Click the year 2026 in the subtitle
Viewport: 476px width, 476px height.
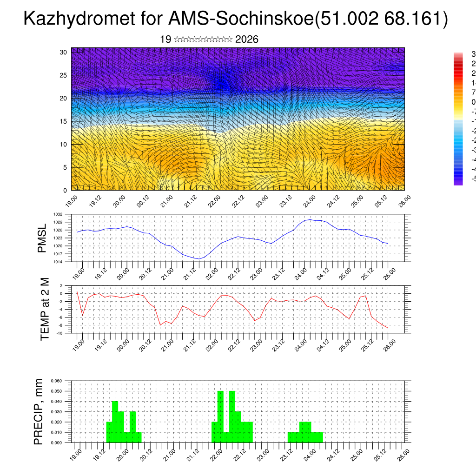247,40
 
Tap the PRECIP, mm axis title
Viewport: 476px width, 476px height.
39,412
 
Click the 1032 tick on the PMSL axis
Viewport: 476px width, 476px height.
58,214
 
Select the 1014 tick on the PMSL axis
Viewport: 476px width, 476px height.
58,262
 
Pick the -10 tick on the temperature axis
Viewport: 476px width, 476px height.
59,333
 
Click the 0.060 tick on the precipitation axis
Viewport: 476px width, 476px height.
56,381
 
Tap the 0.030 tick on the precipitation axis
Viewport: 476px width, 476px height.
56,412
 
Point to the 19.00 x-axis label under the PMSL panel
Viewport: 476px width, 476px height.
78,272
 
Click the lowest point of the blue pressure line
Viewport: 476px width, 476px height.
198,259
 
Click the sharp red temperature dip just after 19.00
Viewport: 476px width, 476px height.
82,315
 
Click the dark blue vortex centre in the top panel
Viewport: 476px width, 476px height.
222,83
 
